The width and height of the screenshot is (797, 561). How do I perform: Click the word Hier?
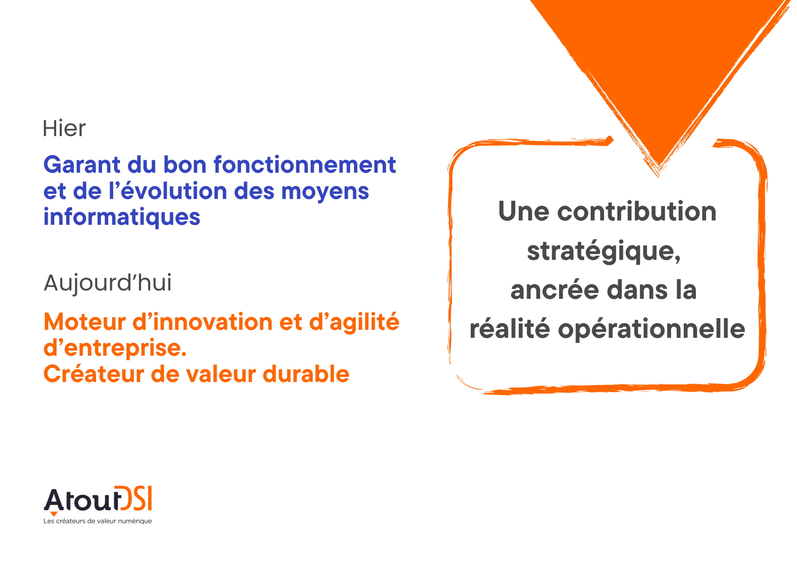pyautogui.click(x=64, y=128)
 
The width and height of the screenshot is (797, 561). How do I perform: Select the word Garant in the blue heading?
pyautogui.click(x=82, y=164)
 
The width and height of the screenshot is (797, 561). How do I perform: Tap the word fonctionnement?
pyautogui.click(x=305, y=164)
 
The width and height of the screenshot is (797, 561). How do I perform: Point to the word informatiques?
pyautogui.click(x=122, y=217)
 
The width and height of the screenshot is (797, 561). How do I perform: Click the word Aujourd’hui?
pyautogui.click(x=108, y=283)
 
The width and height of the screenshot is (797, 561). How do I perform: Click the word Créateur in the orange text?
pyautogui.click(x=94, y=374)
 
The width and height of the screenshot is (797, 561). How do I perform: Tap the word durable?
pyautogui.click(x=306, y=374)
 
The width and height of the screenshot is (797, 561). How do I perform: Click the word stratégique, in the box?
pyautogui.click(x=603, y=252)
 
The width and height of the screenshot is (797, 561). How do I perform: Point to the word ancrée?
pyautogui.click(x=555, y=290)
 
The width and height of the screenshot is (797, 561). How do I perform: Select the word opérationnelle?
pyautogui.click(x=651, y=330)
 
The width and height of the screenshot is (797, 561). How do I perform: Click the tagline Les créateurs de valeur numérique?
pyautogui.click(x=98, y=521)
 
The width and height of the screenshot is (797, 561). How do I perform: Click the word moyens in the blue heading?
pyautogui.click(x=325, y=192)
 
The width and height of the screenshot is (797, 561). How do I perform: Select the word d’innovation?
pyautogui.click(x=202, y=322)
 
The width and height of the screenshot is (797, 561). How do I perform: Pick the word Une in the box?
pyautogui.click(x=524, y=211)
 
